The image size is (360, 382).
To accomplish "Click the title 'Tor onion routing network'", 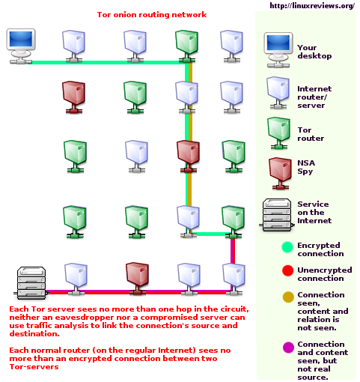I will pos(152,14).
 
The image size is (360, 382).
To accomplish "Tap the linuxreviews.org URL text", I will pos(311,6).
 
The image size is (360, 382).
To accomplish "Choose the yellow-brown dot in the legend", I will pos(287,297).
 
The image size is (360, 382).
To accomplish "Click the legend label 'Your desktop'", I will pos(313,52).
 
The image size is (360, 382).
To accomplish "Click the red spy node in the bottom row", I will pos(135,276).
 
